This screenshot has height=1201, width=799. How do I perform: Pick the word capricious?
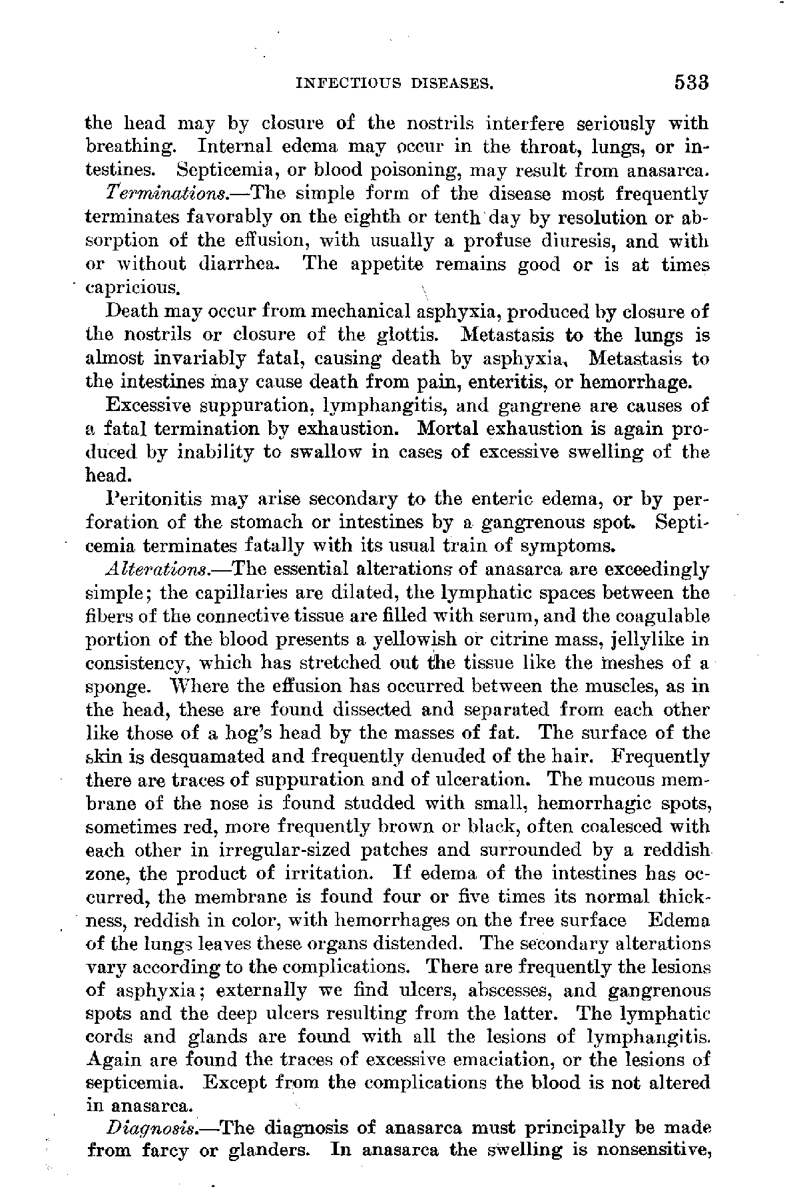coord(133,289)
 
